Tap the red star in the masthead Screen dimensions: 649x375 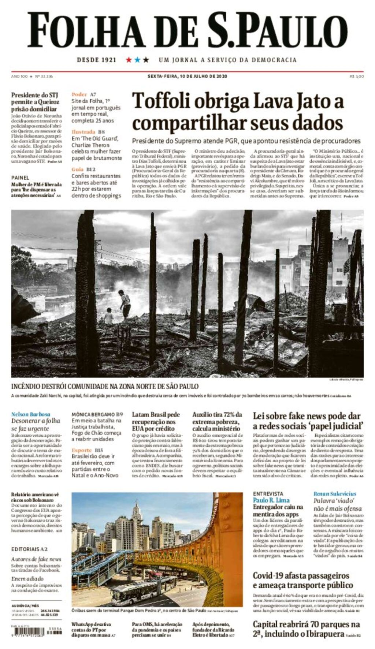(129, 60)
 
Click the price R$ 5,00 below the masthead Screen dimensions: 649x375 (357, 77)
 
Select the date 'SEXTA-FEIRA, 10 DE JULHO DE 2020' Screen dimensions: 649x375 (187, 77)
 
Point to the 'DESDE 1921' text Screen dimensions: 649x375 (97, 60)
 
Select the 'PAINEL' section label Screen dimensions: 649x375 (20, 178)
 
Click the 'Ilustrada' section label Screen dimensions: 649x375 (83, 132)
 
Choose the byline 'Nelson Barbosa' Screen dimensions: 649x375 (31, 414)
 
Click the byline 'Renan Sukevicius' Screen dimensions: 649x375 (335, 494)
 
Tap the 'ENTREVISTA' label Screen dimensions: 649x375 (268, 493)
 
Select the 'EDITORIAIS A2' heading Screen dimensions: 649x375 (29, 549)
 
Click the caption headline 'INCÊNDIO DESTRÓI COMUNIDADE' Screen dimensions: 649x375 (105, 386)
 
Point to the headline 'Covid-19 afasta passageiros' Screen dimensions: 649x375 (301, 576)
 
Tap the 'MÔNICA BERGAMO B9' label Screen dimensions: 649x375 (97, 414)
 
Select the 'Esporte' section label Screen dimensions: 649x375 (82, 450)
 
